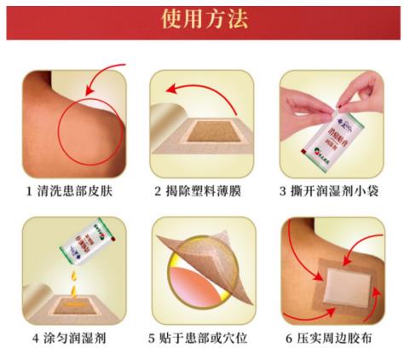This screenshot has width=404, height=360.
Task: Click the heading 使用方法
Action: pos(203,20)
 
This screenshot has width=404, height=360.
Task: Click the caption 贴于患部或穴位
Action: pos(208,337)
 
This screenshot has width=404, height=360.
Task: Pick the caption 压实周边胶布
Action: pos(338,337)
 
